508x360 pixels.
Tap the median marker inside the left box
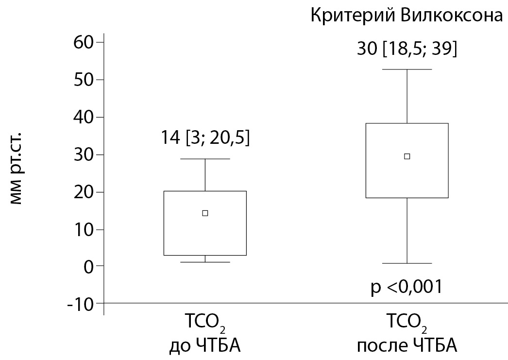(205, 213)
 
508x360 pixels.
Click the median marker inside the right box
(407, 156)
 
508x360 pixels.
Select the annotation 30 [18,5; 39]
(407, 50)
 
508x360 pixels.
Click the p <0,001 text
(407, 287)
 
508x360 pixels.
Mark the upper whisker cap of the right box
(407, 69)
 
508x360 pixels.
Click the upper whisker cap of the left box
(205, 159)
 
